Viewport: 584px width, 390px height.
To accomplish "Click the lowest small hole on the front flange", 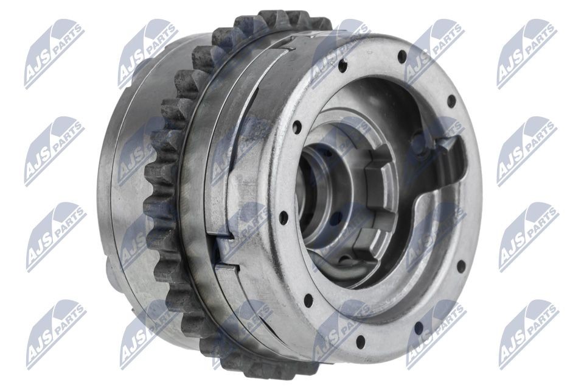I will pyautogui.click(x=360, y=339).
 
